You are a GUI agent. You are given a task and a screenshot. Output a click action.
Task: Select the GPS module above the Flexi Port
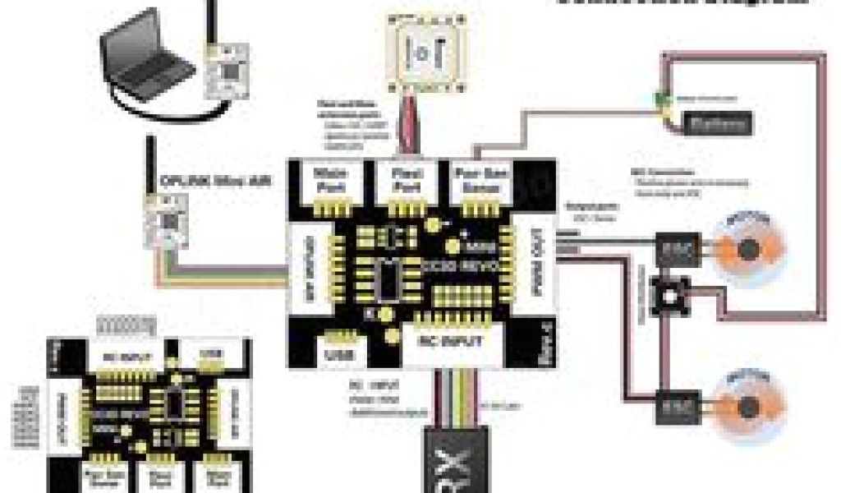pos(427,52)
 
